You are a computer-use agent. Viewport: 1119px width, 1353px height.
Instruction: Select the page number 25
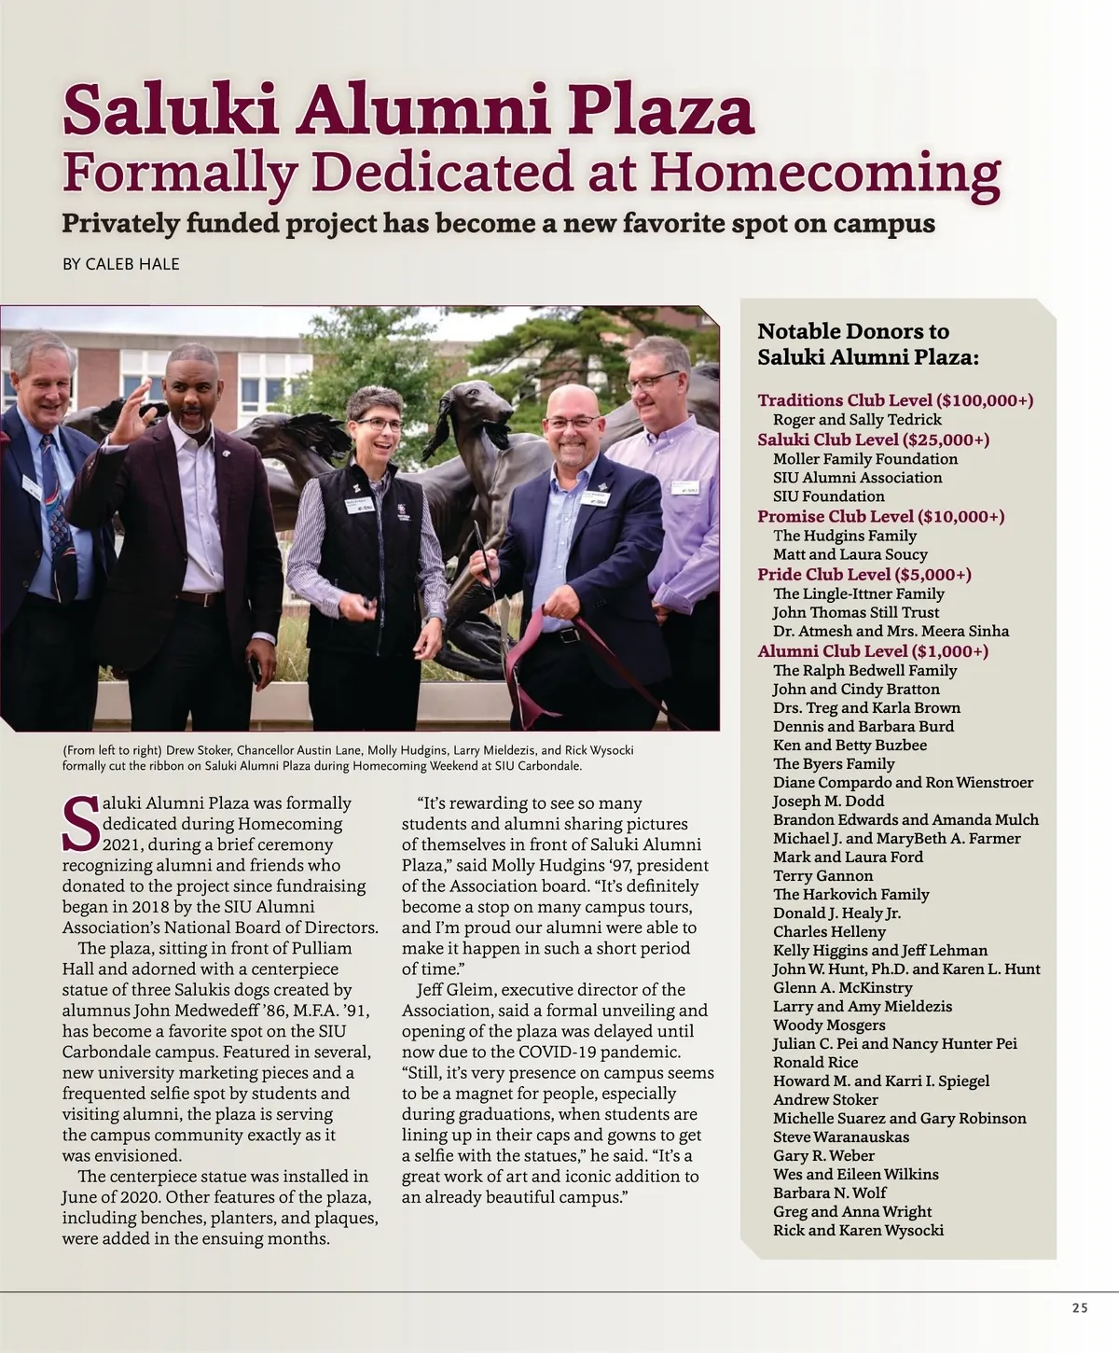1080,1308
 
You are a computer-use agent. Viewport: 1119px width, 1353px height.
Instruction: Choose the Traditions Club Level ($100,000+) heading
895,400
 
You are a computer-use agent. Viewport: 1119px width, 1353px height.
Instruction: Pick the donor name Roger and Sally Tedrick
857,420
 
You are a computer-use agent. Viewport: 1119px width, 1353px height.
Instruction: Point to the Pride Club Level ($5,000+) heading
863,574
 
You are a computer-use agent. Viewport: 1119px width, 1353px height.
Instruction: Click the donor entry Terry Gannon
822,875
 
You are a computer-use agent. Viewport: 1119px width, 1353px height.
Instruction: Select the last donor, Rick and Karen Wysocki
858,1230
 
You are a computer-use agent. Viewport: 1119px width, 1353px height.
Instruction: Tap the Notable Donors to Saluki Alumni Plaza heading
867,343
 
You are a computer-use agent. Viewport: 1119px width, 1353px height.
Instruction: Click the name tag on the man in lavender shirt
687,486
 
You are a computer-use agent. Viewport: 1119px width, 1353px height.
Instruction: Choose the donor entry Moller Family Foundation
864,458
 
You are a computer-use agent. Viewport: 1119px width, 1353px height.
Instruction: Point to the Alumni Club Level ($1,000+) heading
873,650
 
